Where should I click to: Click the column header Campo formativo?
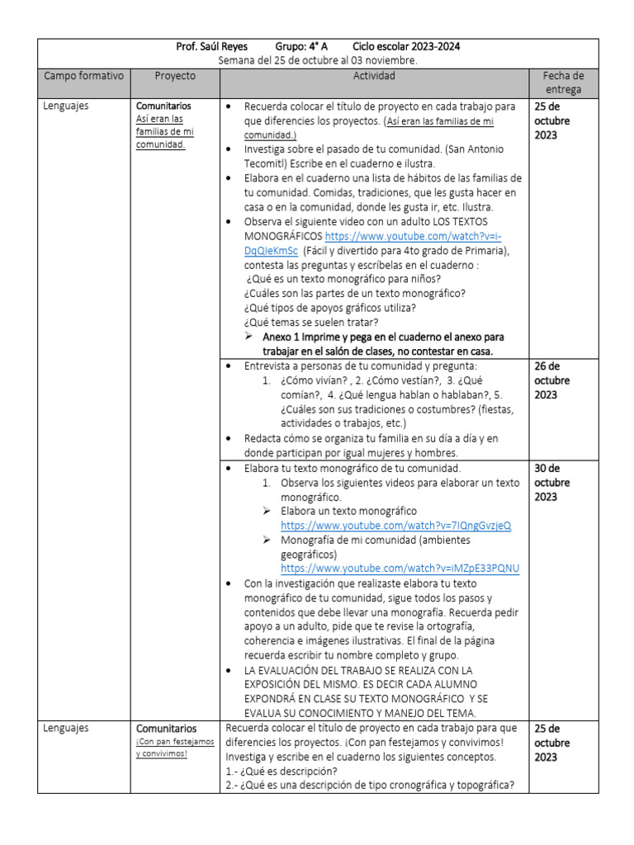click(x=83, y=76)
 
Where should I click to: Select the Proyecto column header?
click(x=175, y=76)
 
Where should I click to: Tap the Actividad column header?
click(x=374, y=76)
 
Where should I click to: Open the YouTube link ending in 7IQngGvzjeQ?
click(x=395, y=525)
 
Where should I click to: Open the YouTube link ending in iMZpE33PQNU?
click(x=400, y=568)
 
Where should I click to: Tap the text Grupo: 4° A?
click(x=301, y=46)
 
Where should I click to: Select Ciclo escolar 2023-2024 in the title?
click(x=406, y=46)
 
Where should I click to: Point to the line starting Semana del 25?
click(x=318, y=60)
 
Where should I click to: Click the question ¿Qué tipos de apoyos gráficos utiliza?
click(x=329, y=308)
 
